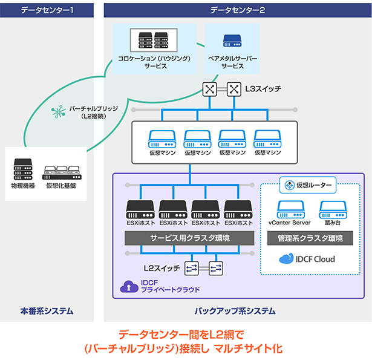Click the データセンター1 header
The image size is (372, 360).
pyautogui.click(x=47, y=10)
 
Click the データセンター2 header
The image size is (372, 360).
pyautogui.click(x=238, y=10)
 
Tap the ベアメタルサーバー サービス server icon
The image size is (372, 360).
pyautogui.click(x=232, y=41)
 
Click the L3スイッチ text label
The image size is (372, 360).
pyautogui.click(x=263, y=89)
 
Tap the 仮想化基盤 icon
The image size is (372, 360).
pyautogui.click(x=61, y=169)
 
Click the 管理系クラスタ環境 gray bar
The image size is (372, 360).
pyautogui.click(x=310, y=238)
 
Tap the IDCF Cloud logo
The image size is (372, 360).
pyautogui.click(x=307, y=259)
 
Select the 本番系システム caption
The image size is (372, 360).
pyautogui.click(x=47, y=312)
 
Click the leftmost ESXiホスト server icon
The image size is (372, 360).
pyautogui.click(x=140, y=209)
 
